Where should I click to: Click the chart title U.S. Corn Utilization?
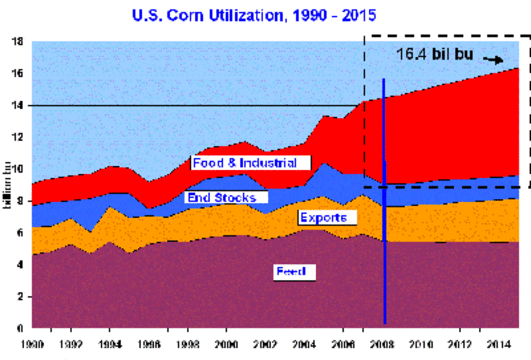pos(254,16)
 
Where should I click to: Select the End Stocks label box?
pos(226,197)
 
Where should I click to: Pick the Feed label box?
pos(294,272)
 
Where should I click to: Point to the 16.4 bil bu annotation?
pos(434,55)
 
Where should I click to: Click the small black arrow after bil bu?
pos(493,59)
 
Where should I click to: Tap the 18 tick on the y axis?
pos(17,42)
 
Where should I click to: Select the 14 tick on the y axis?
pos(17,105)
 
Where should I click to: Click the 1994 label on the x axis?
pos(110,345)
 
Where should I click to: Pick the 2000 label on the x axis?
pos(226,345)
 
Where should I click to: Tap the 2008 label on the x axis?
pos(382,345)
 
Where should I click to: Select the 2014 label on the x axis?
pos(498,345)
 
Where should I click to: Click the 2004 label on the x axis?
pos(304,345)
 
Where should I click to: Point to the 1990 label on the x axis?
pos(32,345)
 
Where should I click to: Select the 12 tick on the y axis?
pos(17,137)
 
